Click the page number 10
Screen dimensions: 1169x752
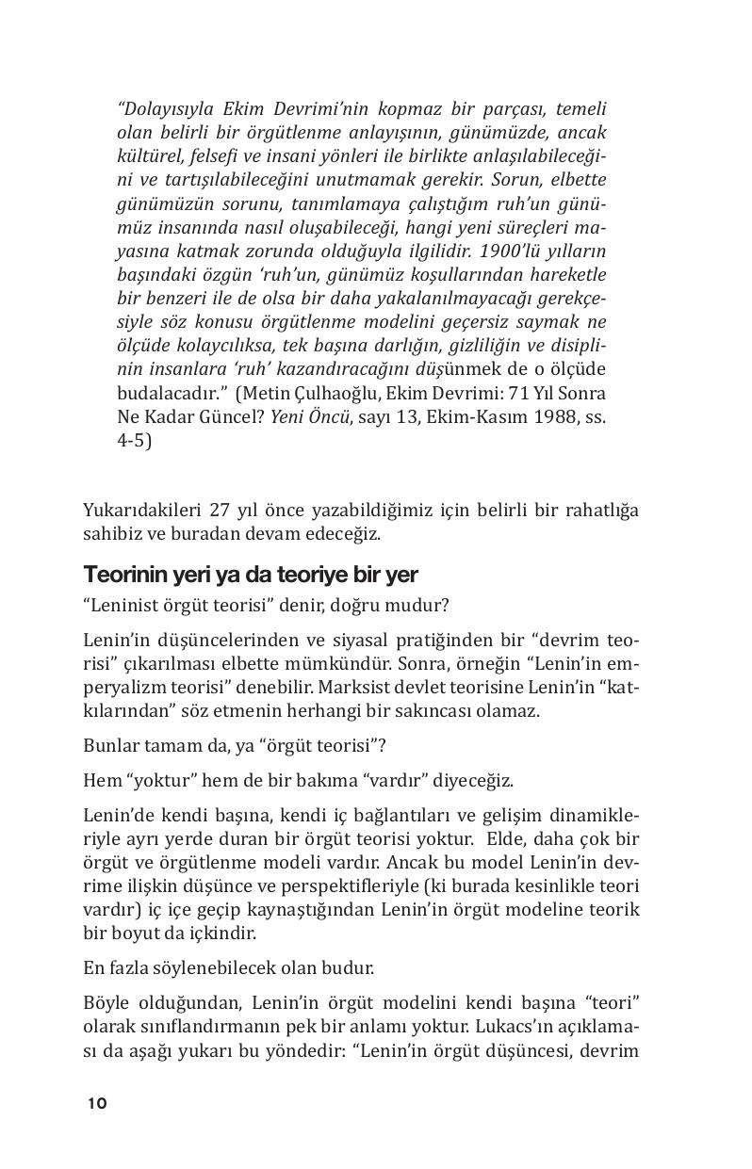97,1103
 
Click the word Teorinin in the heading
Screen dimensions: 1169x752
119,574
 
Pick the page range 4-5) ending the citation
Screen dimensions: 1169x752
134,440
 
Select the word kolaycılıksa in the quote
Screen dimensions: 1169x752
213,346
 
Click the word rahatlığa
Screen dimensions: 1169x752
600,511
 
